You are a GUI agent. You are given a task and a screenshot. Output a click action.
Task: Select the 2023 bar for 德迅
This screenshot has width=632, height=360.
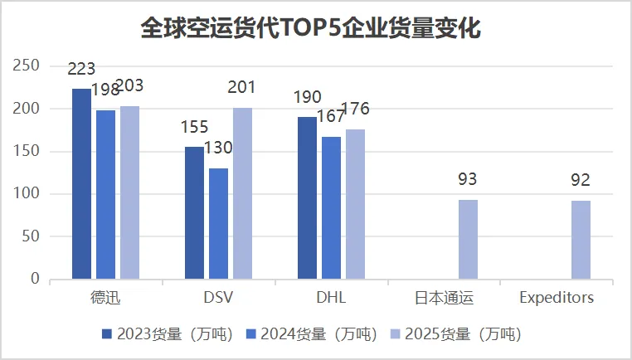point(81,183)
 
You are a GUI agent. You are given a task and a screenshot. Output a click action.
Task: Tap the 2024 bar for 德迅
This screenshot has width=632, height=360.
point(105,194)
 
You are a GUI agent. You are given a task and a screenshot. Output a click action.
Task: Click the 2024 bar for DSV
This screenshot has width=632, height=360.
point(218,223)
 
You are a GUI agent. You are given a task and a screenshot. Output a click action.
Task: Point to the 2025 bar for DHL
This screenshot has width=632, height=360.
point(355,204)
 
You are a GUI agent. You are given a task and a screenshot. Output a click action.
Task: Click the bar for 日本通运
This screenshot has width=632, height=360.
point(468,239)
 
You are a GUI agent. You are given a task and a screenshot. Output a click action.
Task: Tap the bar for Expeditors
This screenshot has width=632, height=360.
point(581,240)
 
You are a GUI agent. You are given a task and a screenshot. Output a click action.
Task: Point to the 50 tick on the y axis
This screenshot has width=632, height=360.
point(31,237)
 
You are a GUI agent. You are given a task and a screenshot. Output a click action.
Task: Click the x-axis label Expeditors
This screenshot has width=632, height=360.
point(557,298)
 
